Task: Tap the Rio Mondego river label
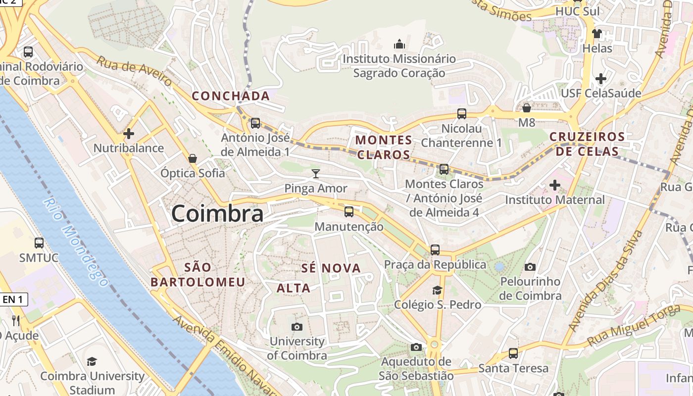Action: [x=75, y=242]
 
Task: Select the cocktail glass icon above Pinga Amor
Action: [x=316, y=173]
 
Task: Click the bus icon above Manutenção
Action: [x=349, y=212]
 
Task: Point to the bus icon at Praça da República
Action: [x=435, y=250]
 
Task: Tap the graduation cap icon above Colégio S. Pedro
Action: [x=437, y=290]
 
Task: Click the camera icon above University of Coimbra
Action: [x=297, y=327]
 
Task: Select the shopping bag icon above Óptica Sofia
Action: [x=193, y=158]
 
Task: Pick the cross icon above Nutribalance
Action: [x=129, y=133]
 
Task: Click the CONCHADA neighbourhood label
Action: [x=231, y=96]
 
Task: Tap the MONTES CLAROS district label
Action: [x=384, y=148]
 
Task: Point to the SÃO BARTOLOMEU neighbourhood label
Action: [x=198, y=275]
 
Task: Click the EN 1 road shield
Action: [x=13, y=299]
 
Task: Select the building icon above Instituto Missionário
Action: [x=399, y=45]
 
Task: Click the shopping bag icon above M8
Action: [x=527, y=107]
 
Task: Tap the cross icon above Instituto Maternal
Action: [x=555, y=185]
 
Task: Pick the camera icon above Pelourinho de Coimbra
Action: [x=530, y=267]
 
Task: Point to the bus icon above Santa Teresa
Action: [x=513, y=353]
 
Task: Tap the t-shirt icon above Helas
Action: [x=597, y=34]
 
